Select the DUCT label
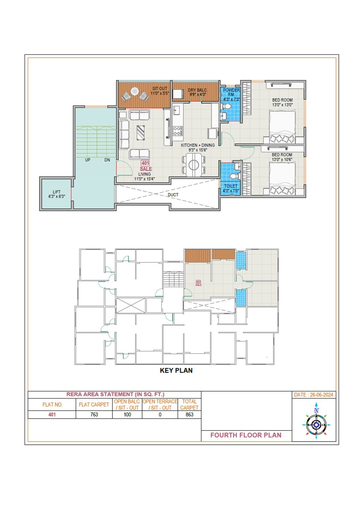pyautogui.click(x=173, y=195)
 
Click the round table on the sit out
pyautogui.click(x=135, y=91)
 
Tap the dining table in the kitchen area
pyautogui.click(x=194, y=165)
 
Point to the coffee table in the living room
pyautogui.click(x=140, y=133)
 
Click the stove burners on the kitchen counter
pyautogui.click(x=177, y=131)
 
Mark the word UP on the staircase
pyautogui.click(x=87, y=160)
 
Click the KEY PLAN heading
pyautogui.click(x=176, y=370)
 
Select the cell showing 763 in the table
pyautogui.click(x=94, y=414)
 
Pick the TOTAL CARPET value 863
pyautogui.click(x=189, y=414)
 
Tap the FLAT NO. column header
pyautogui.click(x=52, y=405)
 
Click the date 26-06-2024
pyautogui.click(x=313, y=395)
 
